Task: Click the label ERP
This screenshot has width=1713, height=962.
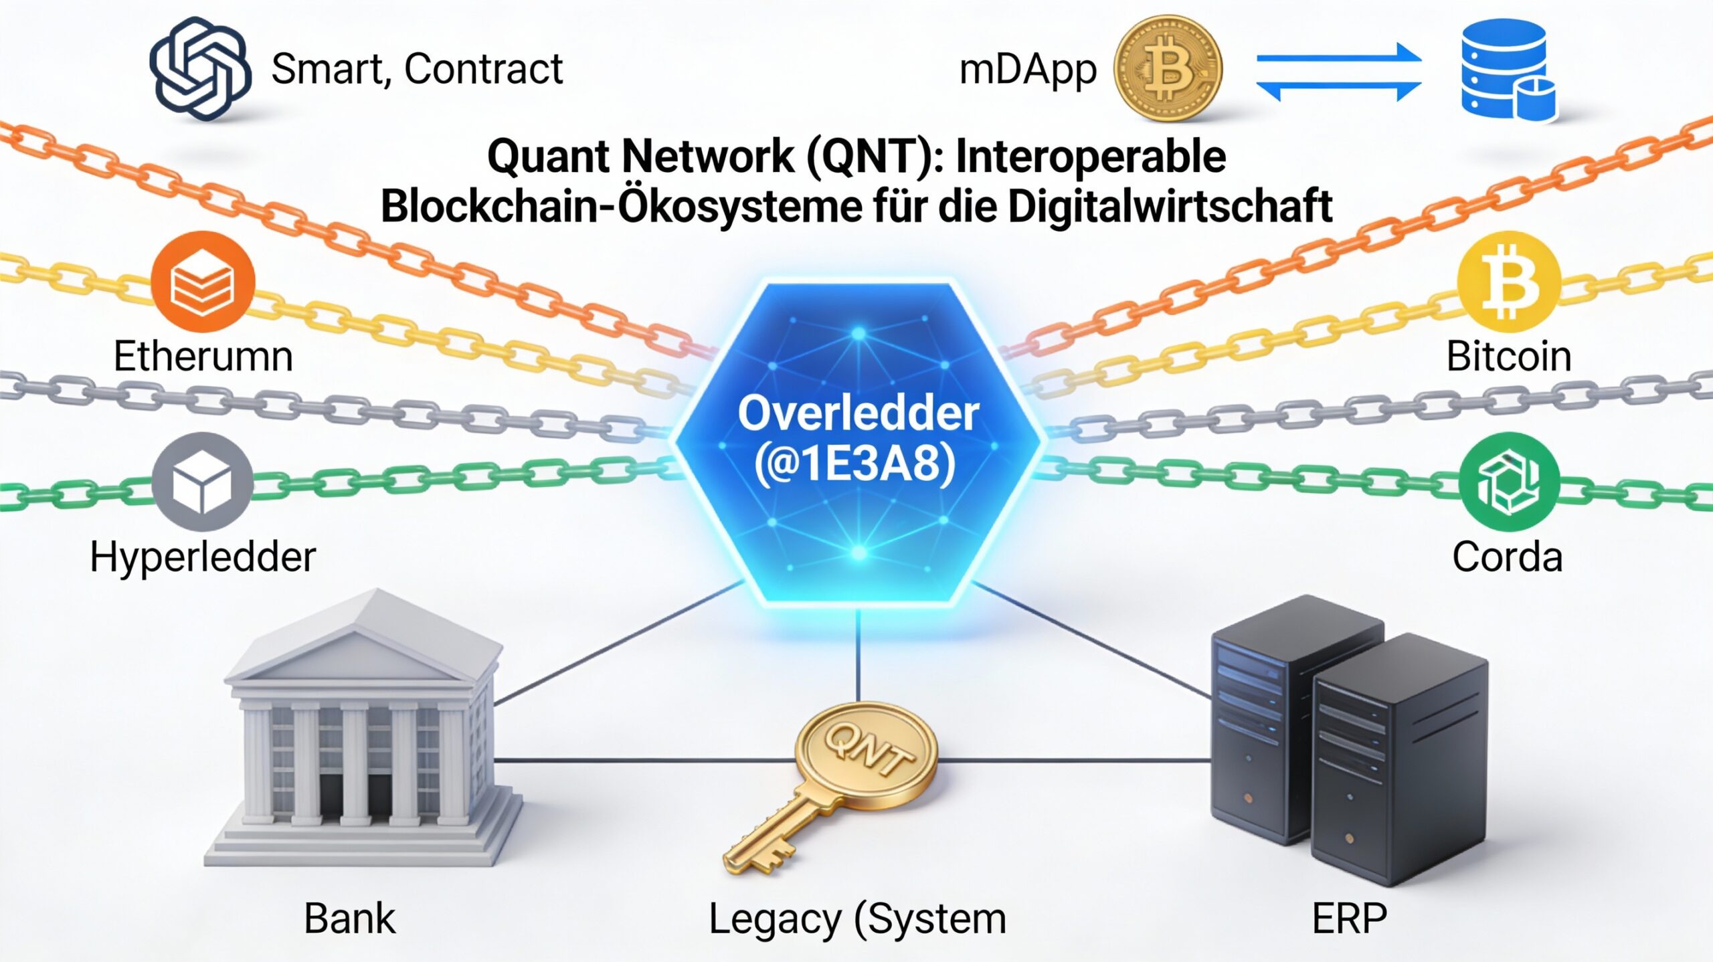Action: (1349, 919)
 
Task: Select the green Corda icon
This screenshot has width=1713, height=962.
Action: (1509, 482)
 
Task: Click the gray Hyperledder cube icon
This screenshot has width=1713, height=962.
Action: (203, 482)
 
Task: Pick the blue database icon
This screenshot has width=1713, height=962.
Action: (1506, 70)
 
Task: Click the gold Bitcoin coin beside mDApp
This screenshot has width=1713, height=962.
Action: (1168, 69)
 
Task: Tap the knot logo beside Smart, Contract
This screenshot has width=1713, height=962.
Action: (199, 69)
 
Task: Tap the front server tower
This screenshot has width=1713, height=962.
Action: (1399, 763)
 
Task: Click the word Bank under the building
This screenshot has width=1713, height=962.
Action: (349, 919)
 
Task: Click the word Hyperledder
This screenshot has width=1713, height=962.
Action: (203, 557)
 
